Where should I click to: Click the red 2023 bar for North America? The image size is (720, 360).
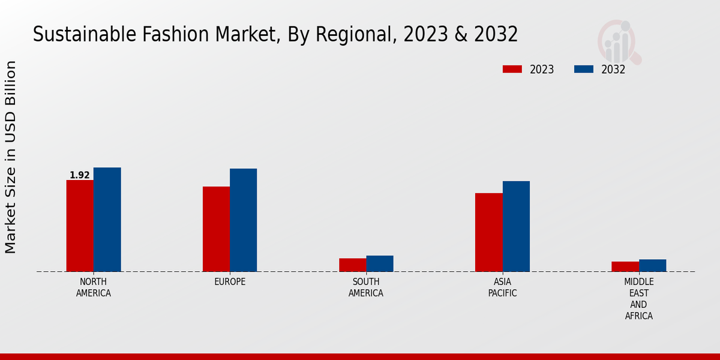80,226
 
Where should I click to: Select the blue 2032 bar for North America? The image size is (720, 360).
107,220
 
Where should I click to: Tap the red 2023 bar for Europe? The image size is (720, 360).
216,229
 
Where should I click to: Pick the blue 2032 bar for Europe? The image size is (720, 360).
243,220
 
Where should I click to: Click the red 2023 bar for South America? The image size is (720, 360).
352,265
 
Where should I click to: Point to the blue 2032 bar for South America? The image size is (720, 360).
380,263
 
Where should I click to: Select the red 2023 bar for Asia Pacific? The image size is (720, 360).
488,232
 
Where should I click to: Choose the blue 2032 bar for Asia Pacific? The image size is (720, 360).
516,226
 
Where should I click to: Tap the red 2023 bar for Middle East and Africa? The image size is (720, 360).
625,266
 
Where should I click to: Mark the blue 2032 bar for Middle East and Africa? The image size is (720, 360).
652,265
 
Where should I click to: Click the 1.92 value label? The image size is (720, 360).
80,175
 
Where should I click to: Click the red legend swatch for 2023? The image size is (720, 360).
512,69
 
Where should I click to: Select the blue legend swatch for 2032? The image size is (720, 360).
584,69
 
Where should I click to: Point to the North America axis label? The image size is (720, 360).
94,287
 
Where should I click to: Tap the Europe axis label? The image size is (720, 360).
230,282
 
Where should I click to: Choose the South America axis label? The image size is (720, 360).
366,287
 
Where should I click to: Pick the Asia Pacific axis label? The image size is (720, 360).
502,287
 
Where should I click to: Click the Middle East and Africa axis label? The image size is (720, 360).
638,299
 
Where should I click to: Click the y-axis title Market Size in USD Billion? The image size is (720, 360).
11,157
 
